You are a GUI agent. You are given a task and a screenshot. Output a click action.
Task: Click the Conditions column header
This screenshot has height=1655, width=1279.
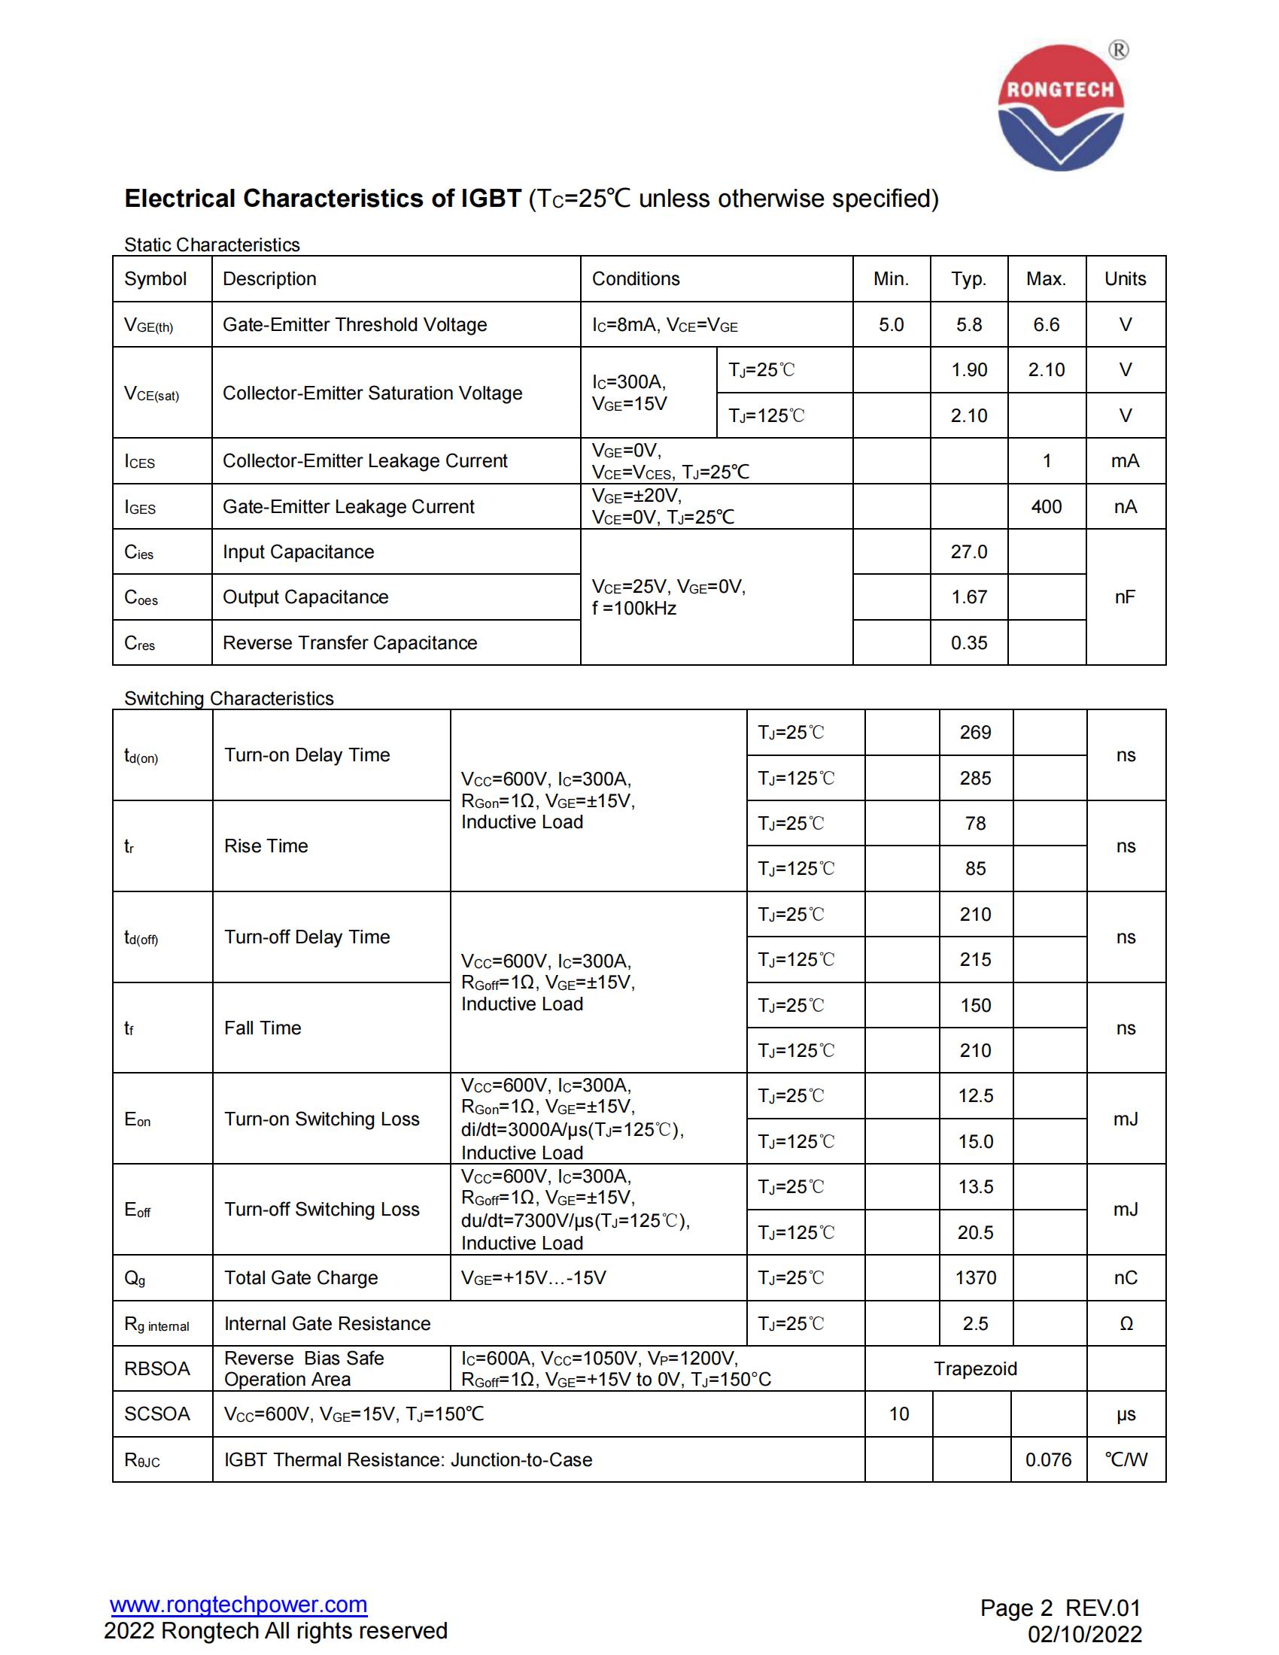point(636,279)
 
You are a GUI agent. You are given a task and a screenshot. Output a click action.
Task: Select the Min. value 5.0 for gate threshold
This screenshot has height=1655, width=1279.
point(891,325)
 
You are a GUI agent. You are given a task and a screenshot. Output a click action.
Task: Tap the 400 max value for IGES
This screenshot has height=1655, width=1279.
point(1046,507)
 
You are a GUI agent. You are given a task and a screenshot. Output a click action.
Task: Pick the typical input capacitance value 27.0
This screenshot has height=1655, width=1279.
point(968,551)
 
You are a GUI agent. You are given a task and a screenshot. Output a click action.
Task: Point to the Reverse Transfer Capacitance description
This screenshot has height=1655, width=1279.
point(349,642)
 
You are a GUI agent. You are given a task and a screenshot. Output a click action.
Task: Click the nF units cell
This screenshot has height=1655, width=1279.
point(1125,597)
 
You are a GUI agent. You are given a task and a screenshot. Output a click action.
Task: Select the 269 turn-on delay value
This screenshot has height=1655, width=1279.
point(975,733)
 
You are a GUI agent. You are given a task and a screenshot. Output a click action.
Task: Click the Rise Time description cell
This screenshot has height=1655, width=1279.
point(266,846)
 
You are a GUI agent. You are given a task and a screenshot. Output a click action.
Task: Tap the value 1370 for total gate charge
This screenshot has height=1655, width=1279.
point(975,1277)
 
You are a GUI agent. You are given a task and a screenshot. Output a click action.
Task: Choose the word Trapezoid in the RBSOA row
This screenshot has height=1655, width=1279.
point(975,1368)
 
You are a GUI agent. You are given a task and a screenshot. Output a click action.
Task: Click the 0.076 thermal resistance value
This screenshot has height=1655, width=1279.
point(1048,1459)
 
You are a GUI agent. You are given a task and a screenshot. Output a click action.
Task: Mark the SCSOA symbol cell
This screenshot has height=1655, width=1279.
point(156,1414)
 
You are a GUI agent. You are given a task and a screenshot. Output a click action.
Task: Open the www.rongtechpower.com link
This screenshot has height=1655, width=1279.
point(238,1605)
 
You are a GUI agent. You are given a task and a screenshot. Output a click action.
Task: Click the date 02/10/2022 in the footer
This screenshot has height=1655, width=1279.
point(1084,1634)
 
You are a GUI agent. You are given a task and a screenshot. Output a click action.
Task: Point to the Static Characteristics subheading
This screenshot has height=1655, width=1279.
point(212,244)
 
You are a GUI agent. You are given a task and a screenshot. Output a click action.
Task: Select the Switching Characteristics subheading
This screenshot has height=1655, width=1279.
point(229,698)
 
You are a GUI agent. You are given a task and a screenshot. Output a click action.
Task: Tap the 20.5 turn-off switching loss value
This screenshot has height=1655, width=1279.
point(975,1232)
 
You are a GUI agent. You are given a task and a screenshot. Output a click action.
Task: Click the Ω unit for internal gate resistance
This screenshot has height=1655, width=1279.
point(1126,1324)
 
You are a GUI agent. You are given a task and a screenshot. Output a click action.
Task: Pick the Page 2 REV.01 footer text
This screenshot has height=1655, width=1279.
point(1059,1608)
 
